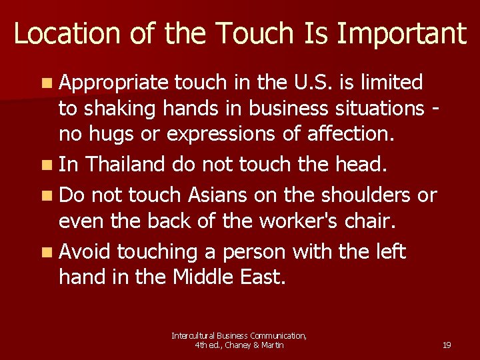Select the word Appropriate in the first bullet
click(x=113, y=83)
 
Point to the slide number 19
click(x=447, y=345)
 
